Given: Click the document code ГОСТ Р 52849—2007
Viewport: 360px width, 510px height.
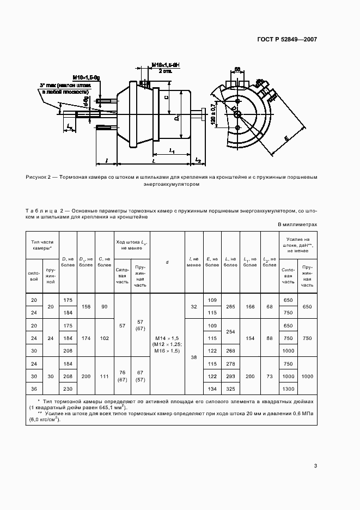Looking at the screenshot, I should pyautogui.click(x=288, y=39).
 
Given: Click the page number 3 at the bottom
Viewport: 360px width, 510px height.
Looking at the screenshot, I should pyautogui.click(x=315, y=466).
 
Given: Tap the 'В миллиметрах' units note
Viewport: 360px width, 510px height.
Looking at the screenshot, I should pyautogui.click(x=297, y=224).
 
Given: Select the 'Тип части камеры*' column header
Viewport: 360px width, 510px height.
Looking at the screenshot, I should pyautogui.click(x=42, y=244).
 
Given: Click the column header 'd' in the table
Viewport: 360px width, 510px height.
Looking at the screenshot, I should pyautogui.click(x=167, y=262).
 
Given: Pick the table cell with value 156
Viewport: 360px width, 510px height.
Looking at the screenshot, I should pyautogui.click(x=86, y=307).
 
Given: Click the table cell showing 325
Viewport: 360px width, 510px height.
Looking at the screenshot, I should pyautogui.click(x=231, y=388).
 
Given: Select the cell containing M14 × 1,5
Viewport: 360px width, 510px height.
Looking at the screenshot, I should pyautogui.click(x=167, y=338).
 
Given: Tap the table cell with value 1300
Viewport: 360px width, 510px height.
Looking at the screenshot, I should pyautogui.click(x=288, y=388).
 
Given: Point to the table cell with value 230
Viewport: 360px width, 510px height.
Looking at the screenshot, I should pyautogui.click(x=68, y=388).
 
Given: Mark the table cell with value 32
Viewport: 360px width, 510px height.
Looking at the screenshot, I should pyautogui.click(x=194, y=307).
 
